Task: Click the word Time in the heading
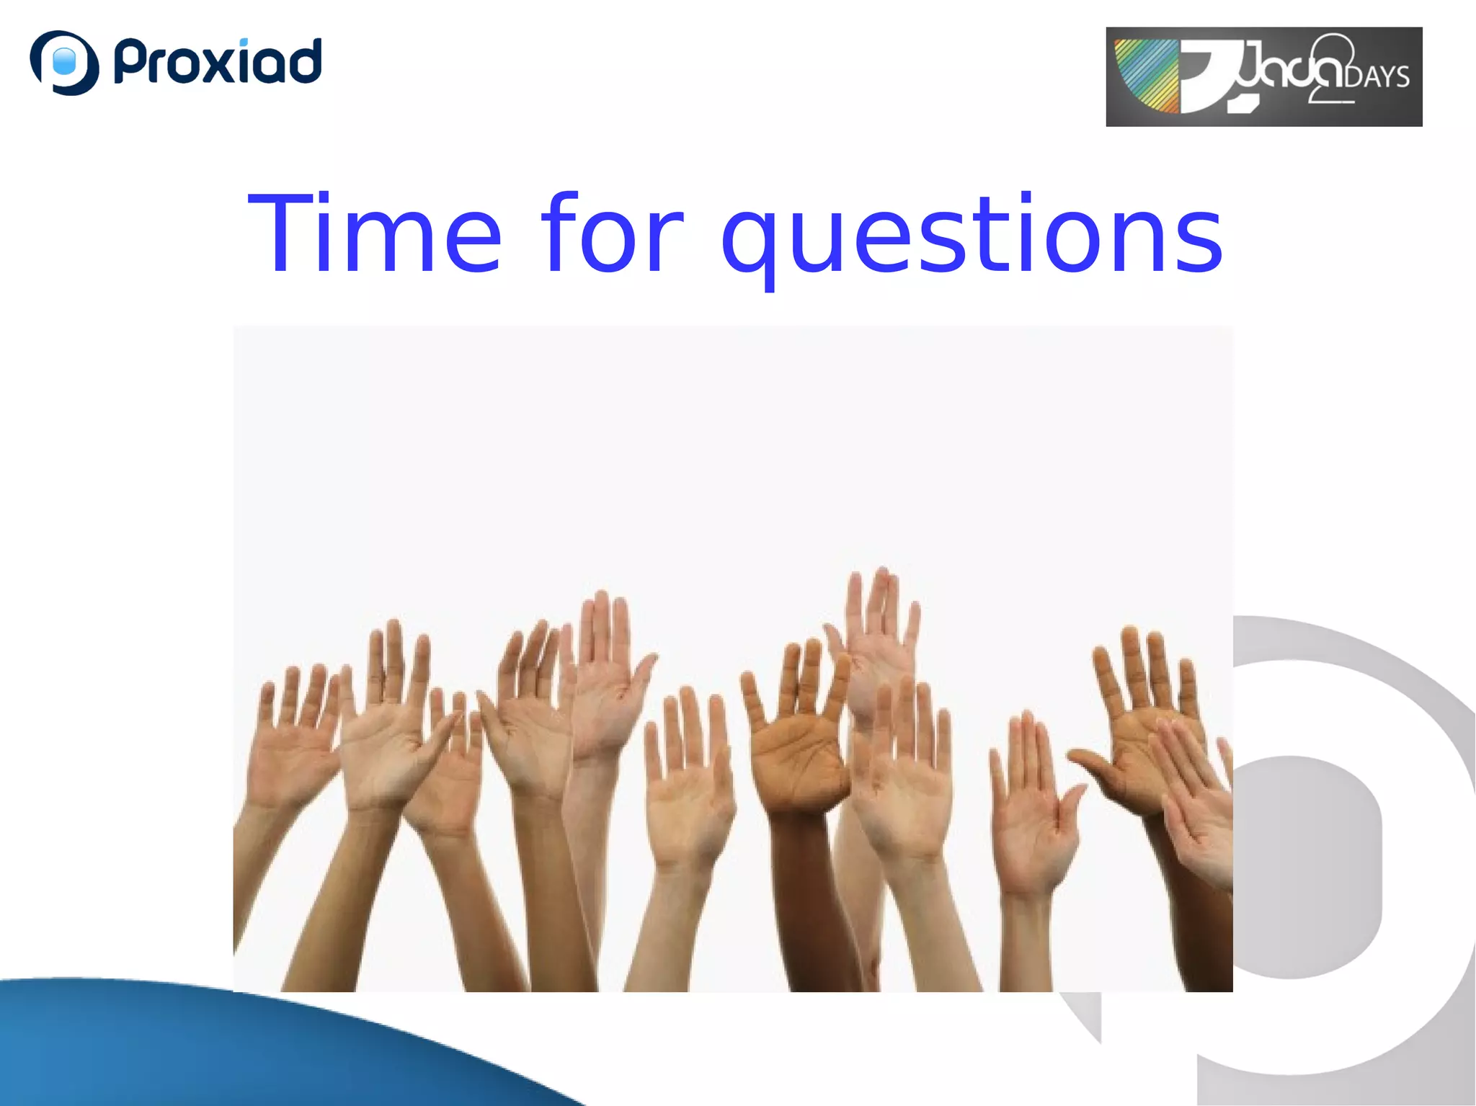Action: click(x=375, y=234)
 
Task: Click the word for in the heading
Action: click(x=613, y=234)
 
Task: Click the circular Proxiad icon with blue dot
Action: click(x=64, y=63)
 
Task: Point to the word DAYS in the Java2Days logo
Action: click(x=1376, y=77)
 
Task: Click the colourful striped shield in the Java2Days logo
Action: click(x=1146, y=76)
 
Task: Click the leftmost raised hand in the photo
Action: click(x=292, y=749)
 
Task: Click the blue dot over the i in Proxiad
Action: click(x=244, y=42)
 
